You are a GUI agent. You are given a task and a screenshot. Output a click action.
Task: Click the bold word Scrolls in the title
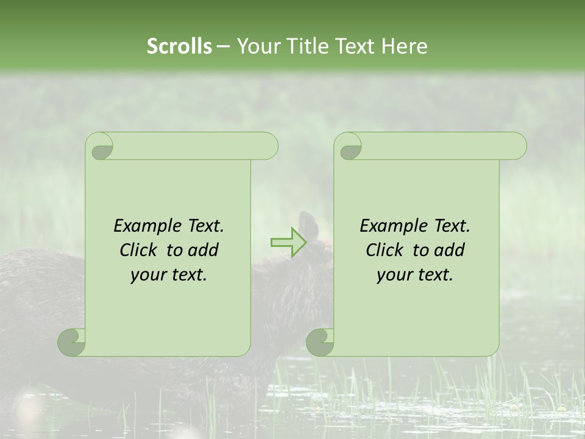point(180,46)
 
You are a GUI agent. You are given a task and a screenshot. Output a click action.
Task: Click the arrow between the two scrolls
point(288,242)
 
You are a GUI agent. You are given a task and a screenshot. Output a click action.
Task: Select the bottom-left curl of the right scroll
point(320,341)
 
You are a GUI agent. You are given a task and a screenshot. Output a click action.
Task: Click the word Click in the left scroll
point(140,250)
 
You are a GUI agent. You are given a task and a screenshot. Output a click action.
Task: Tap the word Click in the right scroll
point(385,250)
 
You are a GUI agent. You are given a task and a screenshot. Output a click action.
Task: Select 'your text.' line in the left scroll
point(169,275)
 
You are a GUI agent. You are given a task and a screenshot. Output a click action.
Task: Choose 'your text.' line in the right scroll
point(415,275)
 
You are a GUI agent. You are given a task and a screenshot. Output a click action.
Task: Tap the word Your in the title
point(255,46)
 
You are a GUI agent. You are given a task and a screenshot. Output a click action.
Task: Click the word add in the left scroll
point(204,250)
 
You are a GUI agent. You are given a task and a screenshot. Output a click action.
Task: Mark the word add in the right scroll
point(450,250)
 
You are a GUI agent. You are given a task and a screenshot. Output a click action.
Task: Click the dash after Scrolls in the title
point(223,47)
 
